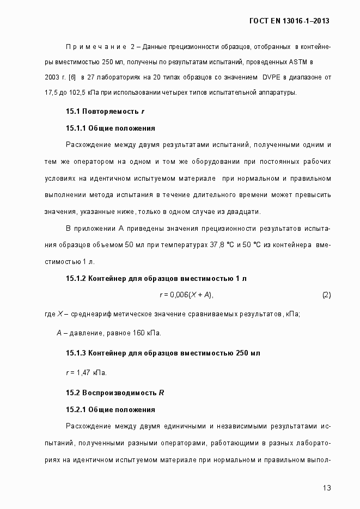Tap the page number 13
point(327,488)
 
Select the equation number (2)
point(326,295)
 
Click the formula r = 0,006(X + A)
point(186,295)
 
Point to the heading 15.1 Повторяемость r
point(105,111)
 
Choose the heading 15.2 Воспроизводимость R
point(115,392)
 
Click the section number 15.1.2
point(77,278)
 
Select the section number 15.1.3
point(77,353)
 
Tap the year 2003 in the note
point(52,78)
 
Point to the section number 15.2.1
point(77,409)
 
